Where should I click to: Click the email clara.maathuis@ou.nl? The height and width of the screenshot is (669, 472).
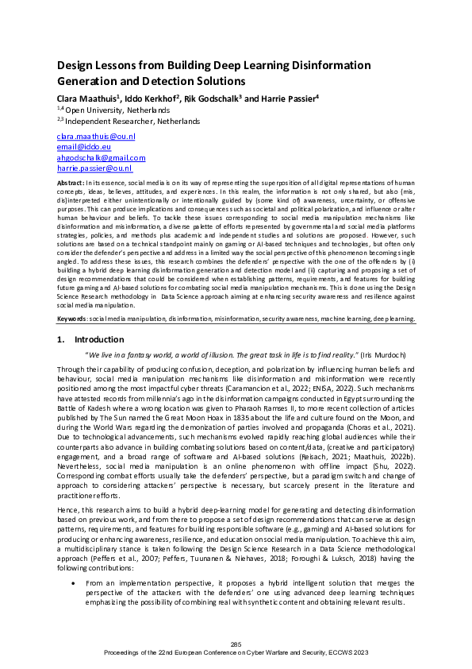tap(95, 137)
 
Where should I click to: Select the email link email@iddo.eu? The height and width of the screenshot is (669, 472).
tap(83, 147)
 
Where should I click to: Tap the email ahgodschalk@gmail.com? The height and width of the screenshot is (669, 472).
tap(101, 158)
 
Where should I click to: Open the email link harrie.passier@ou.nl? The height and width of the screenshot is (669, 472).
tap(94, 168)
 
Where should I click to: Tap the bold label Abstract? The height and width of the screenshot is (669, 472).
tap(72, 183)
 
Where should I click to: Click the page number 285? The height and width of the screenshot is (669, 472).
tap(236, 643)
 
